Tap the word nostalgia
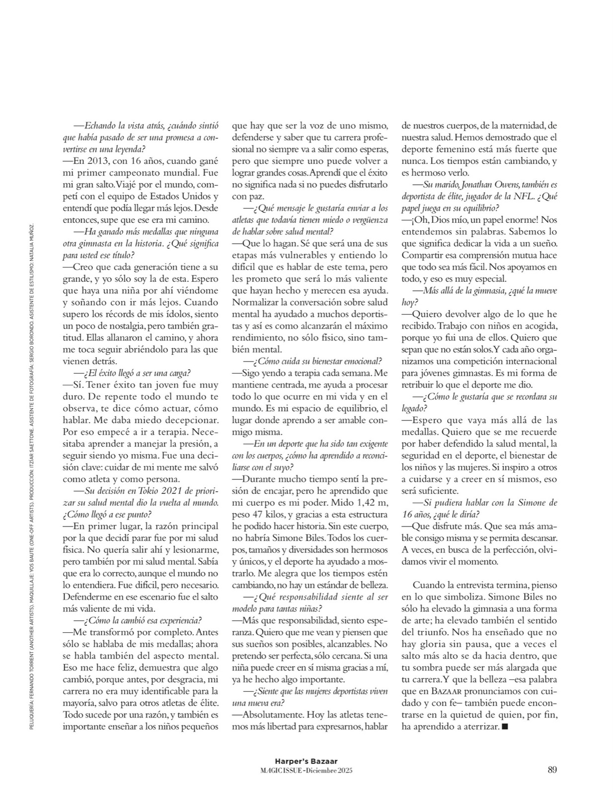pyautogui.click(x=122, y=326)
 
